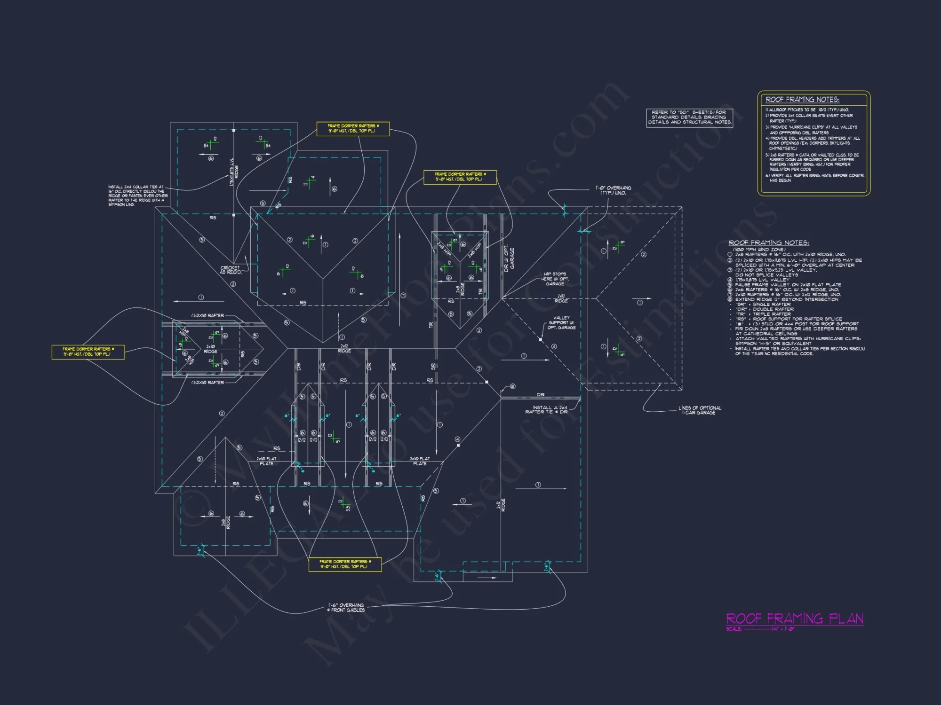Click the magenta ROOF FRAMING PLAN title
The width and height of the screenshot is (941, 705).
[795, 619]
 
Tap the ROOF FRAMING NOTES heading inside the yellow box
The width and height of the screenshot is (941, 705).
[802, 100]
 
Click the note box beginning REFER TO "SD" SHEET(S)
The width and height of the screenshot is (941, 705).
[689, 117]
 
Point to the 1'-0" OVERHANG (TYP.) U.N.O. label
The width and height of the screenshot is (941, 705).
[614, 190]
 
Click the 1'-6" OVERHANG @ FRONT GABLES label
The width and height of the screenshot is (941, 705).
[346, 608]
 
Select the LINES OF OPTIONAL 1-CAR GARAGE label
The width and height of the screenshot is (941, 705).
[700, 410]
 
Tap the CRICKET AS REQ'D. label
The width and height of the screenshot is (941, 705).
[231, 270]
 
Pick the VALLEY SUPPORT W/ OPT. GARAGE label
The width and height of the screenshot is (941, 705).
[561, 323]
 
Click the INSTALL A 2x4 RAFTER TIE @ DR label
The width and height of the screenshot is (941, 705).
[547, 410]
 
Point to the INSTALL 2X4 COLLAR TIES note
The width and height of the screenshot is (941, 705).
[136, 196]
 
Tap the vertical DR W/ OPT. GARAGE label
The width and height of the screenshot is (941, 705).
[509, 258]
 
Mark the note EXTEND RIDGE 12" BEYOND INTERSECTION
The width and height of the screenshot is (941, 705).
[786, 299]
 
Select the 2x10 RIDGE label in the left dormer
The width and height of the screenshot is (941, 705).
[210, 349]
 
